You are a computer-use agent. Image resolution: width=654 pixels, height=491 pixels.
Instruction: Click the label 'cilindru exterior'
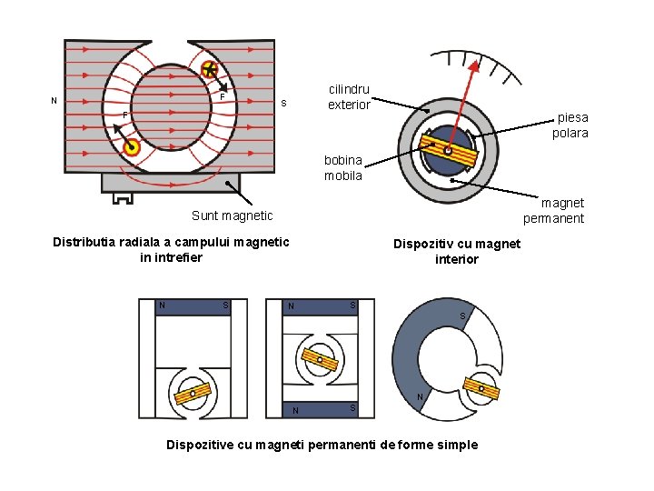[x=349, y=97]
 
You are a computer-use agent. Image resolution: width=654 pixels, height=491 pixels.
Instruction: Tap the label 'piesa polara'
[x=572, y=125]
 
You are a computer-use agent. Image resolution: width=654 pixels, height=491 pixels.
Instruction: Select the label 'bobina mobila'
[x=343, y=168]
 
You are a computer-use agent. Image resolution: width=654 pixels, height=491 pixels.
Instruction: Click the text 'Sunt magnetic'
[x=232, y=215]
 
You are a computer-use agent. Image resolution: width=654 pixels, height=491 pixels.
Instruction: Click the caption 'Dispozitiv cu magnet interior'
[x=456, y=251]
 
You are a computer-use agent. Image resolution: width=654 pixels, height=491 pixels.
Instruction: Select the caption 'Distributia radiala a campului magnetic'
[x=171, y=242]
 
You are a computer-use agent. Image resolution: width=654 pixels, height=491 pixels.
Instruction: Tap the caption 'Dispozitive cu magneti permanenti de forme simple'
[x=321, y=445]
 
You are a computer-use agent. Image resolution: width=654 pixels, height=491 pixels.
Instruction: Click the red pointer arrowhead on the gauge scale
[x=474, y=65]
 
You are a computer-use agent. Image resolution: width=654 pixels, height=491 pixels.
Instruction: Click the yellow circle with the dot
[x=132, y=148]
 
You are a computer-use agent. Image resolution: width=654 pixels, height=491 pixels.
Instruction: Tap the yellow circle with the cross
[x=210, y=69]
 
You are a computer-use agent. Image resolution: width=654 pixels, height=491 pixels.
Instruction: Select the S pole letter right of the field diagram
[x=283, y=102]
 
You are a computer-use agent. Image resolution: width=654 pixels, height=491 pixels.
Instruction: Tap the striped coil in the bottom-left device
[x=193, y=394]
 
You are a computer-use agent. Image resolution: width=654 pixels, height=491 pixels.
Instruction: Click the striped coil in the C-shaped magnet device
[x=481, y=388]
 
